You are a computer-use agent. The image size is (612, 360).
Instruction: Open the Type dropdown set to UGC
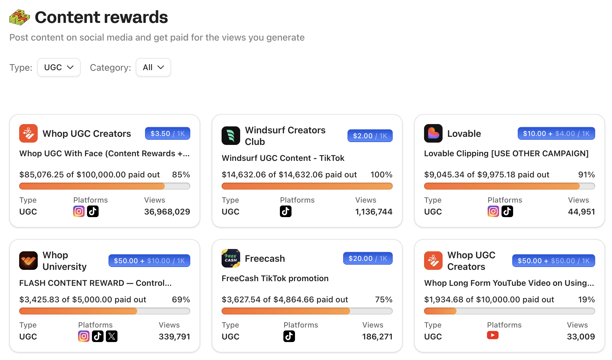tap(59, 67)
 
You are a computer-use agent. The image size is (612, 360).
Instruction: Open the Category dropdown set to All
tap(153, 67)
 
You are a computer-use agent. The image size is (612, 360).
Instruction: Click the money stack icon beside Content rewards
tap(19, 17)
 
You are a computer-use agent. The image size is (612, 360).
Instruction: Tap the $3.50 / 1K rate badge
tap(167, 133)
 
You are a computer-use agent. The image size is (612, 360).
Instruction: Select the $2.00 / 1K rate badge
tap(370, 136)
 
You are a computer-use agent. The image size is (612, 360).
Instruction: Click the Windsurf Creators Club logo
tap(231, 136)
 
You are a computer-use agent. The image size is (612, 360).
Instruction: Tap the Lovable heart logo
tap(433, 133)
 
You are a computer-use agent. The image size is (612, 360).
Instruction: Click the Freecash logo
tap(231, 258)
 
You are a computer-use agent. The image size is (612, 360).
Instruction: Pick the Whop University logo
tap(28, 261)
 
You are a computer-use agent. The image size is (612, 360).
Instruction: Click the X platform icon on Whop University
tap(112, 336)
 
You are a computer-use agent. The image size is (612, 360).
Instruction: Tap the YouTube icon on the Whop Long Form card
tap(493, 335)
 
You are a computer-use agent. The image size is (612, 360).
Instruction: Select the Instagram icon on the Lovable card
tap(493, 211)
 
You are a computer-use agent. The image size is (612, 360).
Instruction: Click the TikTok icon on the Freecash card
tap(289, 336)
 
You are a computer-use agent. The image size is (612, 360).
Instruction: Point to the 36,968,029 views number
tap(167, 212)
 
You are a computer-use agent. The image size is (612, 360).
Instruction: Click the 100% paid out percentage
tap(381, 174)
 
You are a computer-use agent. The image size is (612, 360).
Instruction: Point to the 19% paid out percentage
tap(586, 299)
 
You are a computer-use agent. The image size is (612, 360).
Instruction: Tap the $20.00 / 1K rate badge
tap(367, 258)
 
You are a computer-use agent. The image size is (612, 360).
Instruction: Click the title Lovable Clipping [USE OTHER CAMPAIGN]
tap(506, 153)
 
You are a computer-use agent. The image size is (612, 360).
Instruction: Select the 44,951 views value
tap(581, 212)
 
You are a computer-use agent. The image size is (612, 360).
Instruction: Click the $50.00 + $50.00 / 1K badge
tap(553, 261)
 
